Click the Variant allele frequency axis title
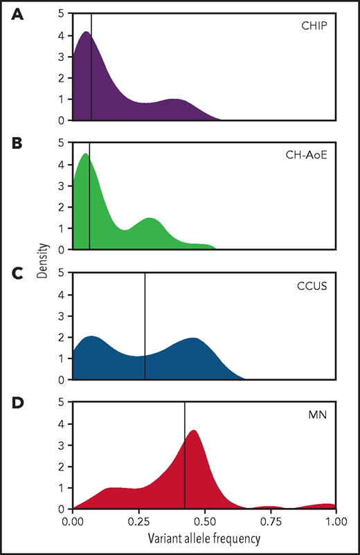click(x=204, y=536)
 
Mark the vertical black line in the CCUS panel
click(x=145, y=325)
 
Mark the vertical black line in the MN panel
click(x=185, y=457)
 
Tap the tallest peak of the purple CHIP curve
click(x=86, y=33)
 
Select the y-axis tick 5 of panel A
click(x=62, y=13)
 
